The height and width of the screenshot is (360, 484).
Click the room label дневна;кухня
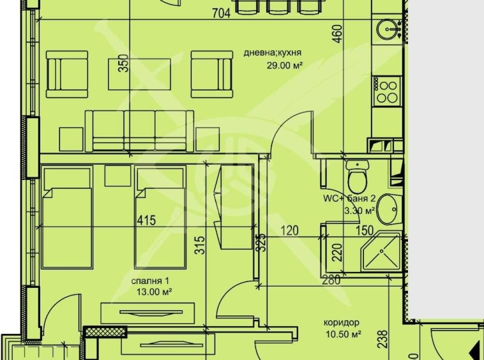272,54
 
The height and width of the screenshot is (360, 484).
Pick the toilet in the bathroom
356,176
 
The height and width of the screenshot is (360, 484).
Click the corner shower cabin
381,253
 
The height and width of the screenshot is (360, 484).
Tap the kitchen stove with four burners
387,90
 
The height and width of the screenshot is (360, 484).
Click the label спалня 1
151,281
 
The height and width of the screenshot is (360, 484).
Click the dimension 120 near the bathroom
290,230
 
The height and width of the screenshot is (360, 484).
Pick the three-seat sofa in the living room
140,130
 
